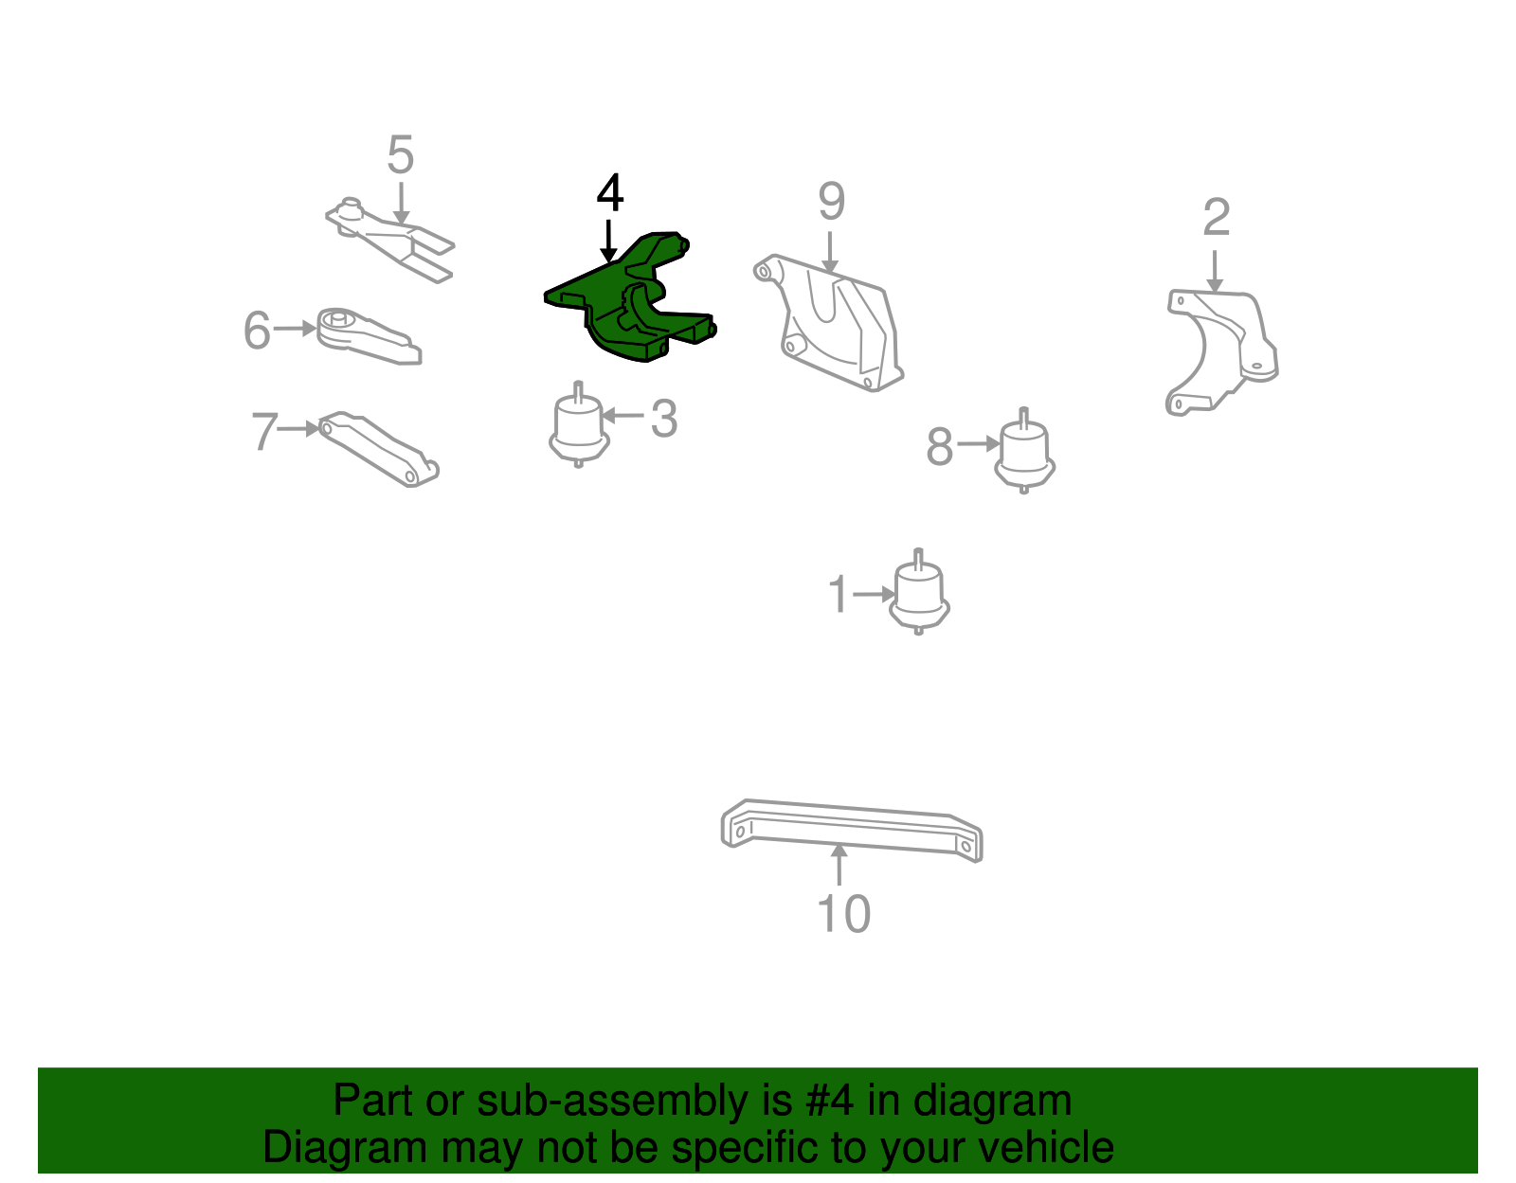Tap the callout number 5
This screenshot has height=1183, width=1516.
(401, 154)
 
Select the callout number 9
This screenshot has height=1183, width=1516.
(832, 201)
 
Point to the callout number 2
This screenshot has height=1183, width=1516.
(1216, 217)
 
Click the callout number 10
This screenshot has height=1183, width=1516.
(843, 913)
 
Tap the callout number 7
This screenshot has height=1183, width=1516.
(265, 430)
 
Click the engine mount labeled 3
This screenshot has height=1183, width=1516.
(578, 423)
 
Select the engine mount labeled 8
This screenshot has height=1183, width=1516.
(1024, 450)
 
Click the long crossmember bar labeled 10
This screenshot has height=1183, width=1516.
(851, 830)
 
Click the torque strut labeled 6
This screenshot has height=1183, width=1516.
(368, 336)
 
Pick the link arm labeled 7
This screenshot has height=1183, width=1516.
(378, 448)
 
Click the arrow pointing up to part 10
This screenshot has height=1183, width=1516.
(839, 865)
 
